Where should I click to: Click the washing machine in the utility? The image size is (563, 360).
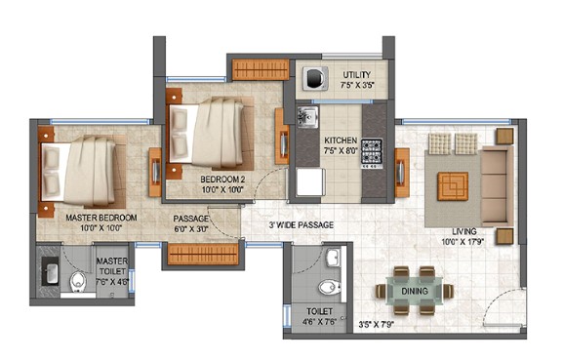(315, 78)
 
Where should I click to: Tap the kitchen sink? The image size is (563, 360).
(307, 117)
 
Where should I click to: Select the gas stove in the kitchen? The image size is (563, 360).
(372, 153)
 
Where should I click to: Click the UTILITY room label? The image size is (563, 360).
(356, 75)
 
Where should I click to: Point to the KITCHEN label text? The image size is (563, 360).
(341, 140)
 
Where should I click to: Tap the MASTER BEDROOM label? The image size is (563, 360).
(101, 218)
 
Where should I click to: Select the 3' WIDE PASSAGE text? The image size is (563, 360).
(302, 225)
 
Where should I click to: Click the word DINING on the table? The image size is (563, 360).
(415, 291)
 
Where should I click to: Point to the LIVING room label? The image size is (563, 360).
(464, 231)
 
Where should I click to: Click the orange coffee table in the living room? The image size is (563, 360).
(453, 186)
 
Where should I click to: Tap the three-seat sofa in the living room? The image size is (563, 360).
(497, 186)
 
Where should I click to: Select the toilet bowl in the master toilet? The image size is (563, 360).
(78, 282)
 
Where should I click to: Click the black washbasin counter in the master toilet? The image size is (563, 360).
(50, 271)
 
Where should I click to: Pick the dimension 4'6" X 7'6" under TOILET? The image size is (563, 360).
(319, 322)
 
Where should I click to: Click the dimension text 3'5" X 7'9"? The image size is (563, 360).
(377, 325)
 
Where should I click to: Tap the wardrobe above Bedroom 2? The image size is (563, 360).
(261, 69)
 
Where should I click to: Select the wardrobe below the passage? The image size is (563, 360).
(203, 255)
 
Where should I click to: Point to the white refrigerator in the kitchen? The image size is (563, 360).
(311, 182)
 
